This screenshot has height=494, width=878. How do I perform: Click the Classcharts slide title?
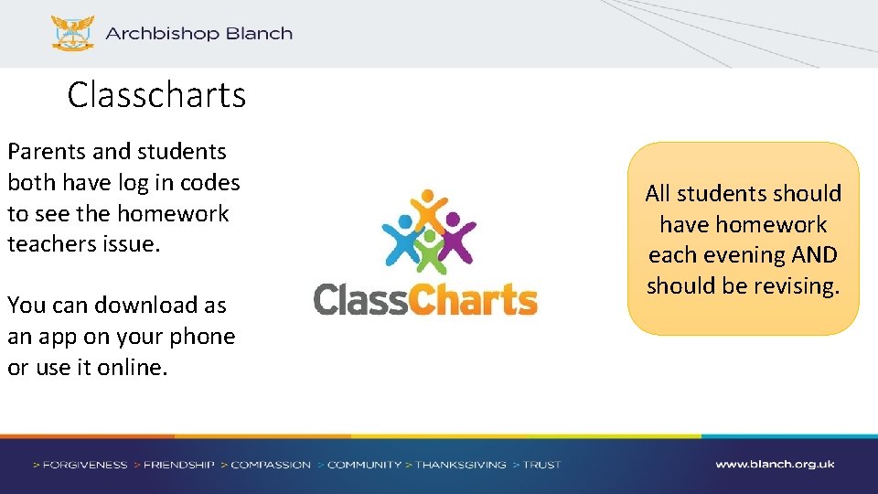[156, 95]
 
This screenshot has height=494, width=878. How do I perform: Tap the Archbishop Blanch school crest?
[72, 33]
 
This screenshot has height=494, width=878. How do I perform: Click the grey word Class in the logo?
[360, 299]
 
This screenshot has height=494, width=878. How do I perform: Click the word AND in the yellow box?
[813, 255]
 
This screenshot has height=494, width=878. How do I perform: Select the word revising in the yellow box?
[795, 285]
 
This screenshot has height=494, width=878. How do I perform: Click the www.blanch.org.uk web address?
[775, 465]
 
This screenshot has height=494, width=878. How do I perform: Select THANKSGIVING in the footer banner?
[460, 465]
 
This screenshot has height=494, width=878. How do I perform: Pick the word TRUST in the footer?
[541, 465]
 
